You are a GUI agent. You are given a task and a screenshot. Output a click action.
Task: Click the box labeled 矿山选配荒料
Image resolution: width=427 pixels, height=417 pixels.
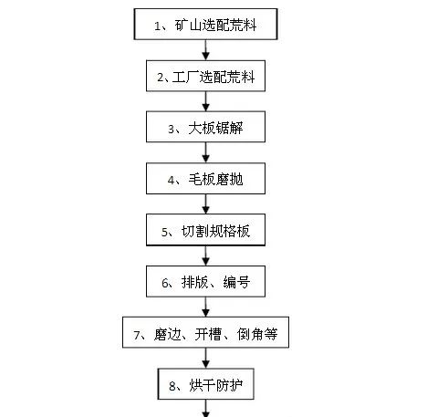point(205,25)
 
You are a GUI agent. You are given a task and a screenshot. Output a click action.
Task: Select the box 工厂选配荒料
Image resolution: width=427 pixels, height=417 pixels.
point(205,76)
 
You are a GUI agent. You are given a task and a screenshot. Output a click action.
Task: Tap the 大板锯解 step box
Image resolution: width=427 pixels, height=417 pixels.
point(205,127)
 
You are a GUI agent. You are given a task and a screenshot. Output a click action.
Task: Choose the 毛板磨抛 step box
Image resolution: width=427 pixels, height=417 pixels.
point(205,179)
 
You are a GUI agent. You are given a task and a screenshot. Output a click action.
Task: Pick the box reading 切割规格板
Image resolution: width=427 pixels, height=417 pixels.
point(205,230)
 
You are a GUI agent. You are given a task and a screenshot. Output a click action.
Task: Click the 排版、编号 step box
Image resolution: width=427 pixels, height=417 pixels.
point(205,281)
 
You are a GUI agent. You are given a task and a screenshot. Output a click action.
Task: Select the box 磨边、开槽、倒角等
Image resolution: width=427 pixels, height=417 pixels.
point(205,332)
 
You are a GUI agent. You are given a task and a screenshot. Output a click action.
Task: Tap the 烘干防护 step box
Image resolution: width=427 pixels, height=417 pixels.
point(205,384)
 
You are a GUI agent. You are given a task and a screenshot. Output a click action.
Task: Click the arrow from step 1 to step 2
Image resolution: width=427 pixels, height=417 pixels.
point(206,50)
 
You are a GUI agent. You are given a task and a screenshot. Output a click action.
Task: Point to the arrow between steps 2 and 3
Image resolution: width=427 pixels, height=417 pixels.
point(206,101)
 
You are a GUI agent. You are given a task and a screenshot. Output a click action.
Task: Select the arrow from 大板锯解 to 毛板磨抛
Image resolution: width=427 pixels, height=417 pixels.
point(206,152)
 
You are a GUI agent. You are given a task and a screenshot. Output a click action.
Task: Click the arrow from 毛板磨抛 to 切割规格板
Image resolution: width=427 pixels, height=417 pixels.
point(206,203)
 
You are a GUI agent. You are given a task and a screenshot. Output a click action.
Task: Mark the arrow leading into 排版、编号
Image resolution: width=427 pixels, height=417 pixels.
point(206,255)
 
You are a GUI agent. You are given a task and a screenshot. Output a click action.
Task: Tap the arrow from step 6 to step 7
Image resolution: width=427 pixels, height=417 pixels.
point(206,307)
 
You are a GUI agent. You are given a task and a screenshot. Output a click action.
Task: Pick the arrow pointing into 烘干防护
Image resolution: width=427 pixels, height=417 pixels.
point(206,358)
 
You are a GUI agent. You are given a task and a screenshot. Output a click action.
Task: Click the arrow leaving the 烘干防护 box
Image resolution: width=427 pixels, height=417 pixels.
point(206,408)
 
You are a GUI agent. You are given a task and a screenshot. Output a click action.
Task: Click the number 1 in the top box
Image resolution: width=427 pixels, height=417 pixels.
point(157,26)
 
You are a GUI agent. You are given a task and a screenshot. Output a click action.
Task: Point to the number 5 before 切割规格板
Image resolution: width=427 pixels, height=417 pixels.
point(164,233)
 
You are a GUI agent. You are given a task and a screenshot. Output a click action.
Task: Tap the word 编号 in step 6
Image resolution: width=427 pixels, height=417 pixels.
point(236,282)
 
